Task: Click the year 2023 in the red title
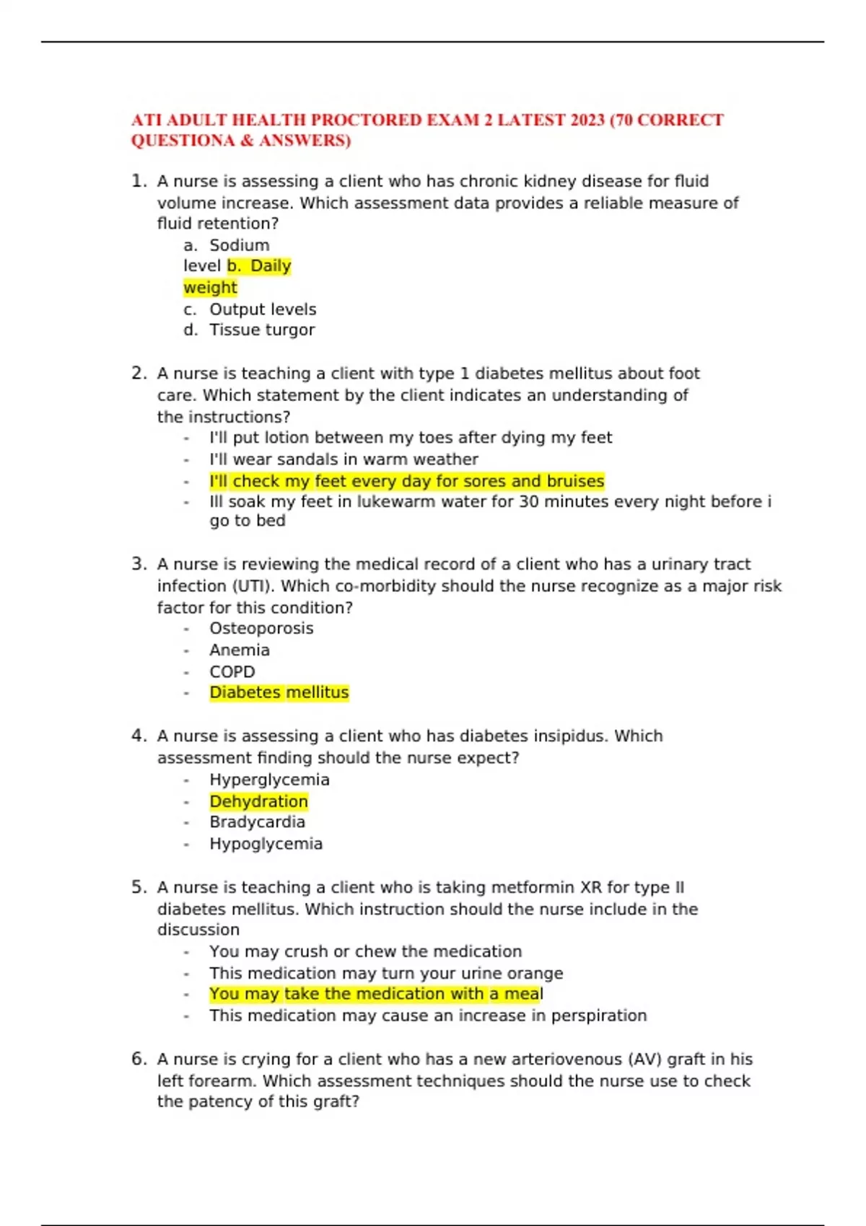[x=587, y=120]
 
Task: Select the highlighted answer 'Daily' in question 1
[x=271, y=266]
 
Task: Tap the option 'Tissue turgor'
[x=262, y=330]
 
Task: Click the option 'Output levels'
[x=263, y=309]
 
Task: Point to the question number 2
[x=139, y=374]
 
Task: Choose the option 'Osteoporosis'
[x=261, y=629]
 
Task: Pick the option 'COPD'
[x=232, y=672]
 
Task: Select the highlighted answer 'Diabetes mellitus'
[x=279, y=693]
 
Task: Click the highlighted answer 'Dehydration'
[x=258, y=802]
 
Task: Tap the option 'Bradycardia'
[x=257, y=822]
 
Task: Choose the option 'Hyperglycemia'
[x=269, y=780]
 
